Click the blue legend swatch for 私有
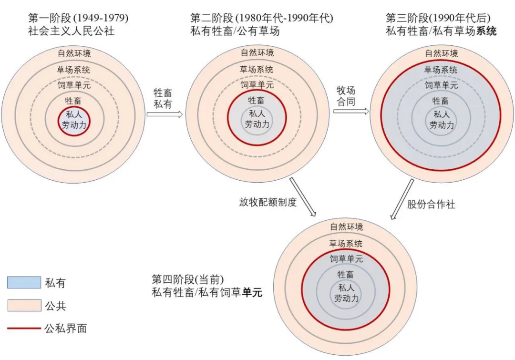pos(24,282)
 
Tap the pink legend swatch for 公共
pos(24,305)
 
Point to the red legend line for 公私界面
pos(24,328)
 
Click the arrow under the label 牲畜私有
pos(164,114)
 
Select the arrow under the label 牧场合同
pos(351,111)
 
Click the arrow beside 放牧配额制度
pos(303,197)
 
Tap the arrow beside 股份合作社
pos(402,199)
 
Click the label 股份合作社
pos(431,204)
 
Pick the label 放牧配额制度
pos(268,202)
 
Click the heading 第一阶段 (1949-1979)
pos(78,18)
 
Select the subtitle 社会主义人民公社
pos(71,31)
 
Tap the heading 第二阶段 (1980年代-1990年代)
pos(262,18)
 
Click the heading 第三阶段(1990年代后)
pos(438,18)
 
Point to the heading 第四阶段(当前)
pos(188,279)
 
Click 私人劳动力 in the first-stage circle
pos(74,120)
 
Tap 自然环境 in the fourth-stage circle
pos(347,226)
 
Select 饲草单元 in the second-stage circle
pos(257,85)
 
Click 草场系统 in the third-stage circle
pos(441,70)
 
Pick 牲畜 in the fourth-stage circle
pos(346,274)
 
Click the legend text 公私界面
pos(66,328)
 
